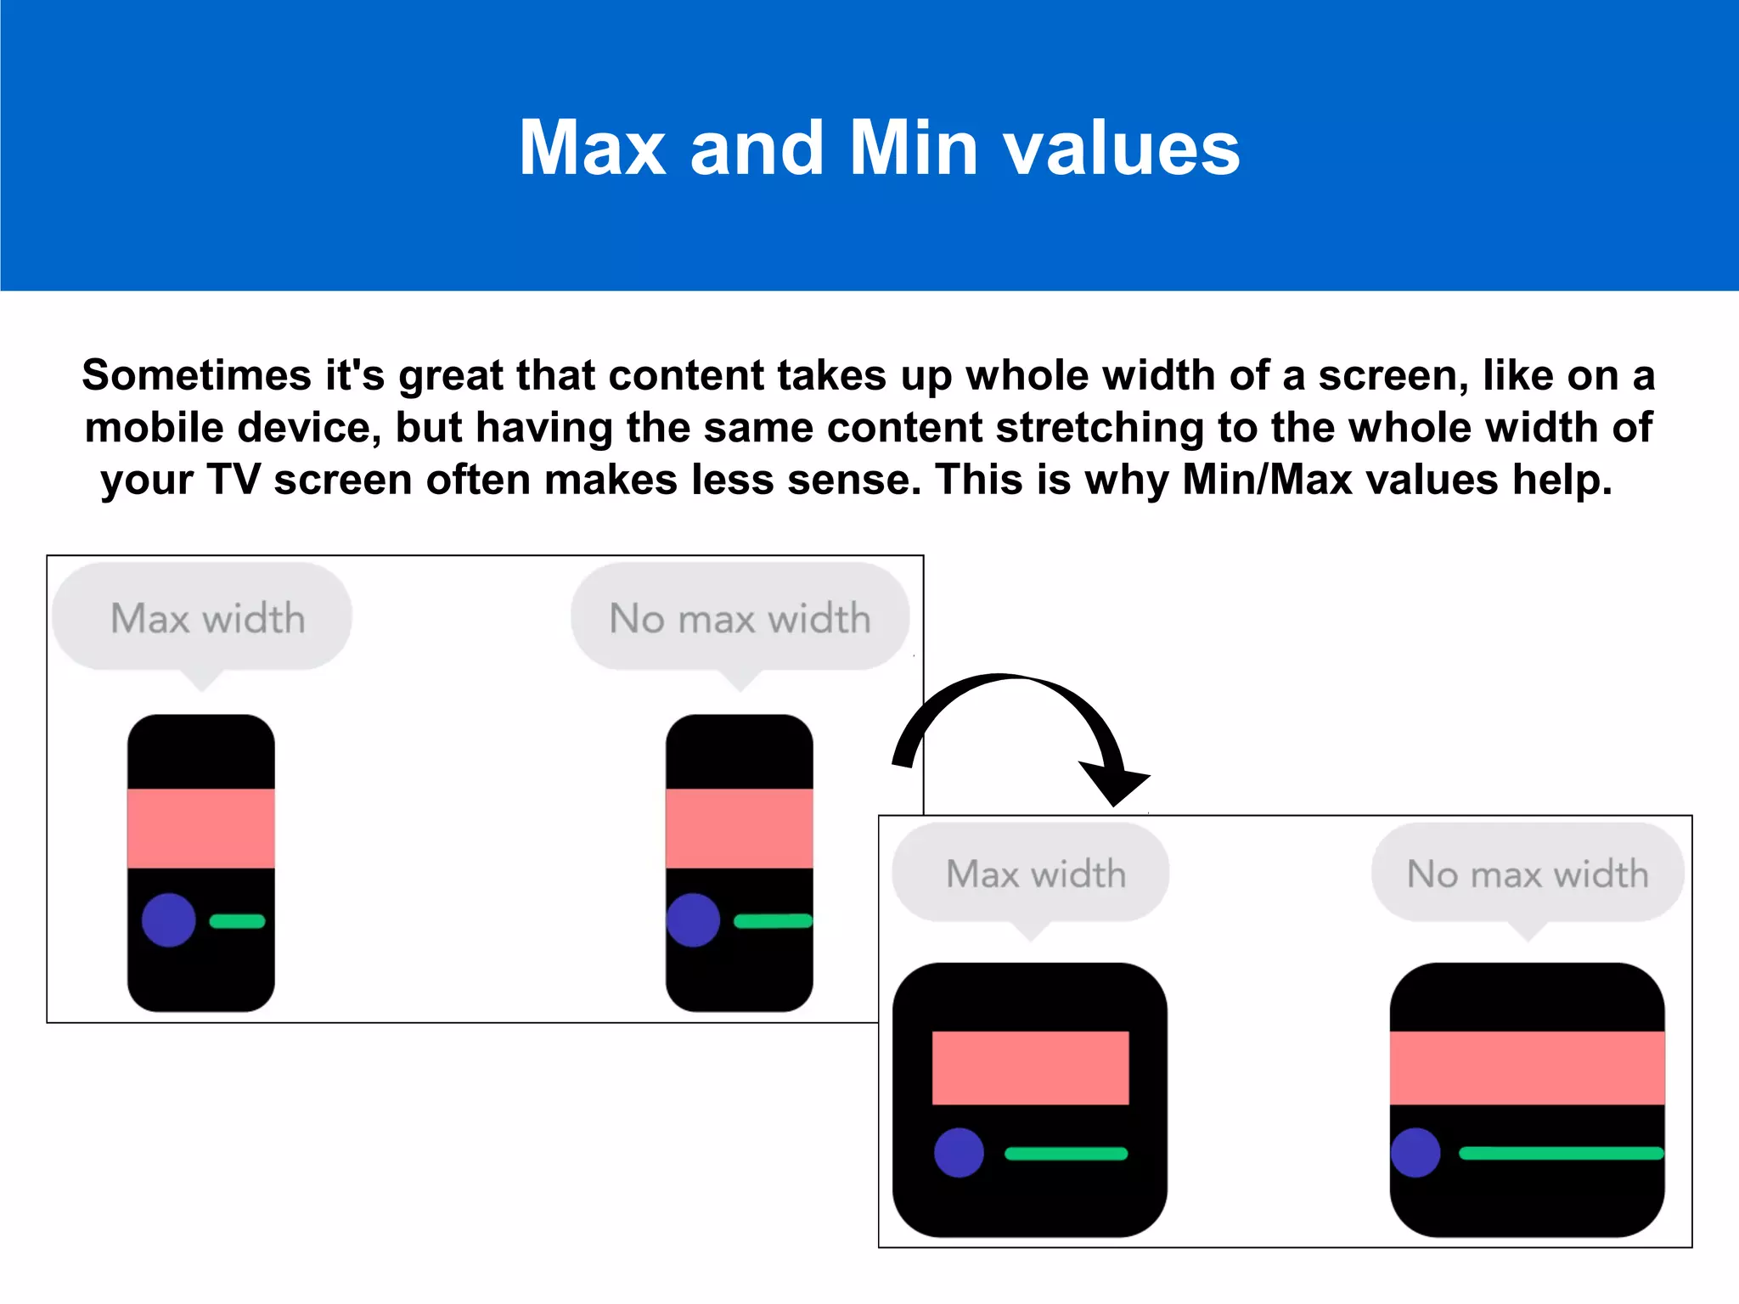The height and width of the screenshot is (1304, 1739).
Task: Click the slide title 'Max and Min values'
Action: click(879, 149)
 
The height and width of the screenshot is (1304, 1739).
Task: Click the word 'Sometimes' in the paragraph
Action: click(196, 375)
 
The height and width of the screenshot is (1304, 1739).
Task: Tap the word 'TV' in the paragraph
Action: click(233, 480)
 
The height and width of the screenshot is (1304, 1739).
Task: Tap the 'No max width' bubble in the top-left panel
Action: click(740, 617)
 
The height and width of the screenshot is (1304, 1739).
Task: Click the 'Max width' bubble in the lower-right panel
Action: click(1031, 874)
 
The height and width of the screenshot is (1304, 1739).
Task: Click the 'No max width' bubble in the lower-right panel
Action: click(1528, 874)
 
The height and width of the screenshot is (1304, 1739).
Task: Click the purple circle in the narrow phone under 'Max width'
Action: click(169, 920)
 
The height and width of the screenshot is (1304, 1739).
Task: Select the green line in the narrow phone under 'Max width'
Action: click(237, 921)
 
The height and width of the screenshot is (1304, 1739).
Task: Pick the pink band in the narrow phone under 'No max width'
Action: click(739, 829)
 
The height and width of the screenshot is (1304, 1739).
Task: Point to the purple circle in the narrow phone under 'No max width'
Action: click(694, 920)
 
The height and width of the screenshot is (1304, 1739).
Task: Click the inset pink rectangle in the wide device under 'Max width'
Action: click(1030, 1068)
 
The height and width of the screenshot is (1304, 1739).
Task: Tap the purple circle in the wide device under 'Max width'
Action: click(959, 1153)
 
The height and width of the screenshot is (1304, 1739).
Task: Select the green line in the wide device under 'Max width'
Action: click(1066, 1154)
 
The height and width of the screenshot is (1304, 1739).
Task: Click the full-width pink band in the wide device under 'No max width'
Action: click(1527, 1068)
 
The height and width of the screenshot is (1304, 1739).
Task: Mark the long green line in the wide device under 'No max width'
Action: click(1561, 1154)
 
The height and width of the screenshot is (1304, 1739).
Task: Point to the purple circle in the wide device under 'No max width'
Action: click(1415, 1153)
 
